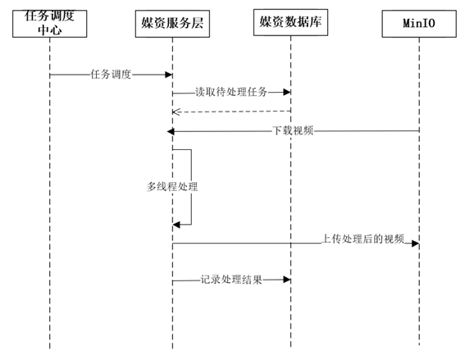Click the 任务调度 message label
(x=111, y=75)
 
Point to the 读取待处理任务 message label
(x=231, y=93)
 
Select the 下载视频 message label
(x=293, y=131)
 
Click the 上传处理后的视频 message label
(x=363, y=239)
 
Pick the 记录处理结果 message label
(x=231, y=280)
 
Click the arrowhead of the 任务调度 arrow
(x=168, y=75)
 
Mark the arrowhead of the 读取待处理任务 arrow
(x=286, y=93)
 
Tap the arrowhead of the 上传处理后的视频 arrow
(x=415, y=244)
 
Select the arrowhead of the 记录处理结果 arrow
(x=286, y=280)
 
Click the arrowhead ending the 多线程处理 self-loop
(x=176, y=224)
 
